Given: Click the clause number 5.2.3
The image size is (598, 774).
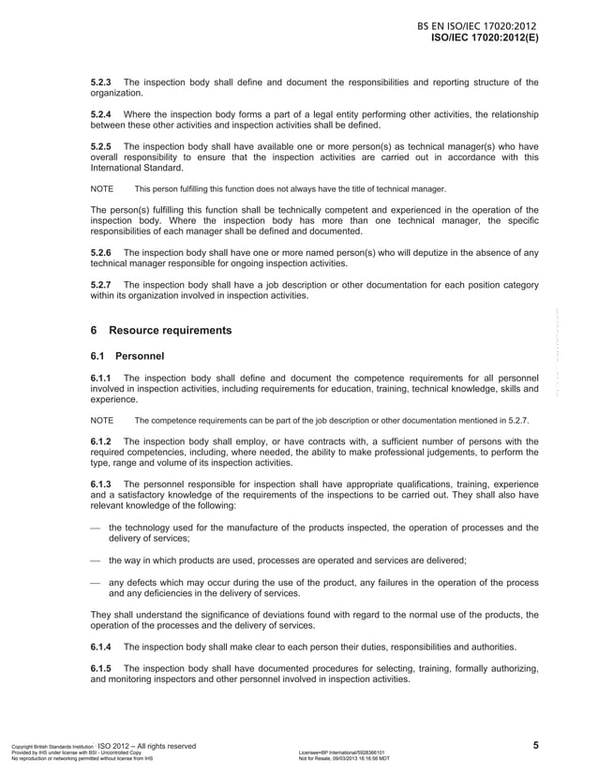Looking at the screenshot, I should [101, 82].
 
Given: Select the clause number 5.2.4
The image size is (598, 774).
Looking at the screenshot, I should [101, 114].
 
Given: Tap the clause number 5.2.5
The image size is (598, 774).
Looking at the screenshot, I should [101, 146].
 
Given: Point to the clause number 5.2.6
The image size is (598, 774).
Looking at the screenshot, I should [101, 253].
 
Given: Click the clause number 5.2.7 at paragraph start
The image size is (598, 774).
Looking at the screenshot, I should [101, 285].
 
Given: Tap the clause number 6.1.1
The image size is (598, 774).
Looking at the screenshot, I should [101, 379].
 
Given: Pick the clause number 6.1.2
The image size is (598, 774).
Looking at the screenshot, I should [101, 441].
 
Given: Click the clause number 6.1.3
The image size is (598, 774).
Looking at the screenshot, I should [101, 484].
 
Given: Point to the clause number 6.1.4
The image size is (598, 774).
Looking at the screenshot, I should [101, 647].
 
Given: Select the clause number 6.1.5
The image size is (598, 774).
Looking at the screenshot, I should [101, 668].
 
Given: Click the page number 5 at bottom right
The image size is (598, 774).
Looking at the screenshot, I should [535, 745].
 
